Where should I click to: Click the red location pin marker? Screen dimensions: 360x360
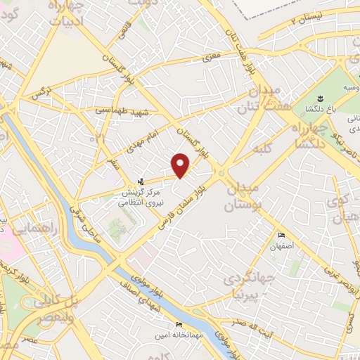pyautogui.click(x=181, y=165)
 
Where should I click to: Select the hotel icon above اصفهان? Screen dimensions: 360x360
pyautogui.click(x=283, y=236)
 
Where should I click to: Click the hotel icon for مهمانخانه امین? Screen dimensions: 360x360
pyautogui.click(x=178, y=324)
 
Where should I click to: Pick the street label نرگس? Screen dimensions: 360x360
pyautogui.click(x=39, y=93)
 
